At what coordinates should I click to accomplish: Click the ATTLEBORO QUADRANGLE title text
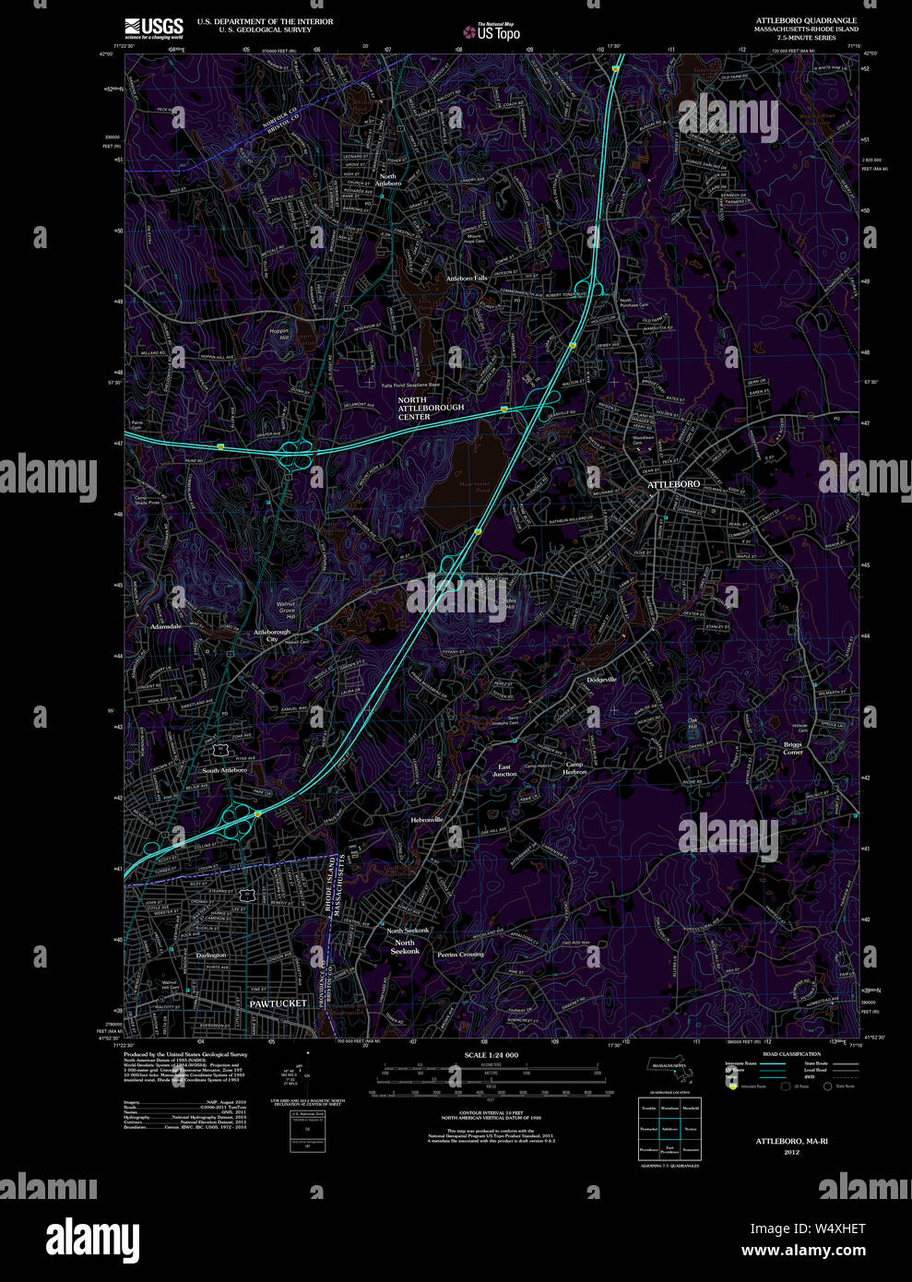806,20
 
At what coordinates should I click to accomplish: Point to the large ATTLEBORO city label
673,484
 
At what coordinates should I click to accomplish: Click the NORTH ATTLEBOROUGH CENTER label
431,408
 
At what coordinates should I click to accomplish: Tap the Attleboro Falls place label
467,278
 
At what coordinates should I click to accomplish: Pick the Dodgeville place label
602,680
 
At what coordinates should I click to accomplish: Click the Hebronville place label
427,819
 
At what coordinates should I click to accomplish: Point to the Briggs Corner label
793,748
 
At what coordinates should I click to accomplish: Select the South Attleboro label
224,770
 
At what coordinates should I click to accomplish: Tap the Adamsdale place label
166,626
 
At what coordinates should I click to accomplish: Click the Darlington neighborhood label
211,956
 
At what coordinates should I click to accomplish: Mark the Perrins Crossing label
460,955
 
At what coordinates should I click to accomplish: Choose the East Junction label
504,770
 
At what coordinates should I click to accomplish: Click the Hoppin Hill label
278,334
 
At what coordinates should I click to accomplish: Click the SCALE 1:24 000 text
491,1055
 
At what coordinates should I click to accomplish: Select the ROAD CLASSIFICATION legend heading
791,1053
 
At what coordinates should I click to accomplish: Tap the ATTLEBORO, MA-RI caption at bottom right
792,1141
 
